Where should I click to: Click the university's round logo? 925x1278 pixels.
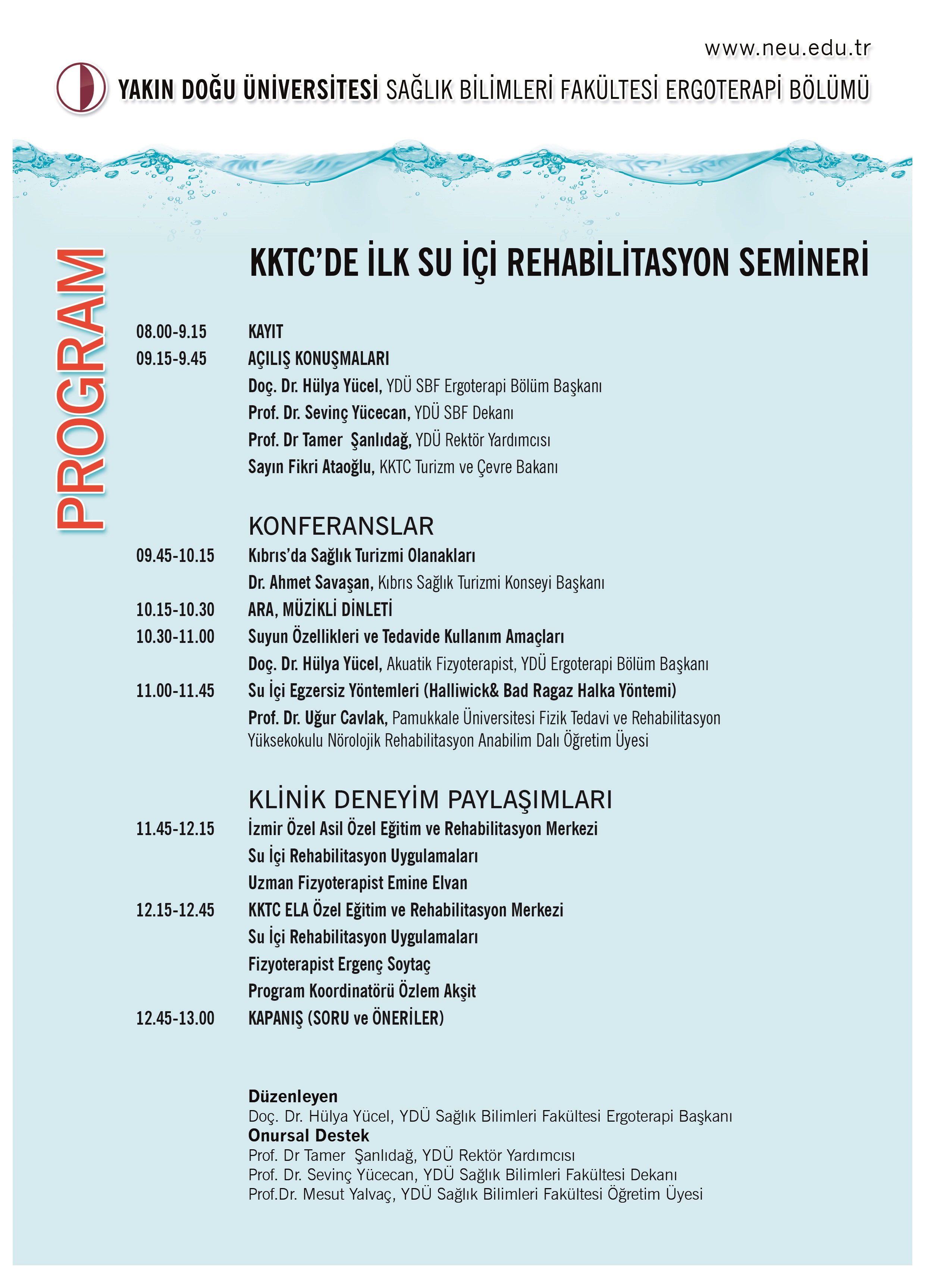(x=81, y=88)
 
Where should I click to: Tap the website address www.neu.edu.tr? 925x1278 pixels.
(x=787, y=49)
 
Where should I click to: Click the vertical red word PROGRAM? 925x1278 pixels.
(x=81, y=389)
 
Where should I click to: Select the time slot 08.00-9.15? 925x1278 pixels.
(x=171, y=331)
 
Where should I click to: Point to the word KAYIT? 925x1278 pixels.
(x=265, y=331)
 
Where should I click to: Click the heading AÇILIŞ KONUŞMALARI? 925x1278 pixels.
(x=318, y=358)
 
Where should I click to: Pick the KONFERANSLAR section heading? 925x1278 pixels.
(x=341, y=526)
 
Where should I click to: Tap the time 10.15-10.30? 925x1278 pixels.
(x=175, y=609)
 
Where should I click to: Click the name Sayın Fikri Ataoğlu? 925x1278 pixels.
(x=311, y=466)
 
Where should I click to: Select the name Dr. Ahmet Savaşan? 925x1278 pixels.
(x=310, y=582)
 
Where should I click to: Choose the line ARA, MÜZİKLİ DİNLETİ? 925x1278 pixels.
(x=320, y=609)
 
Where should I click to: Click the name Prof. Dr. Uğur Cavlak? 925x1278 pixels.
(x=317, y=718)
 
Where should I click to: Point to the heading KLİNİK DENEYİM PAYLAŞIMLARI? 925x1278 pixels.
(x=430, y=799)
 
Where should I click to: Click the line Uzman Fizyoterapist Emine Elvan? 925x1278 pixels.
(x=358, y=882)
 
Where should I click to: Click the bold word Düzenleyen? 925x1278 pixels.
(x=293, y=1096)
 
